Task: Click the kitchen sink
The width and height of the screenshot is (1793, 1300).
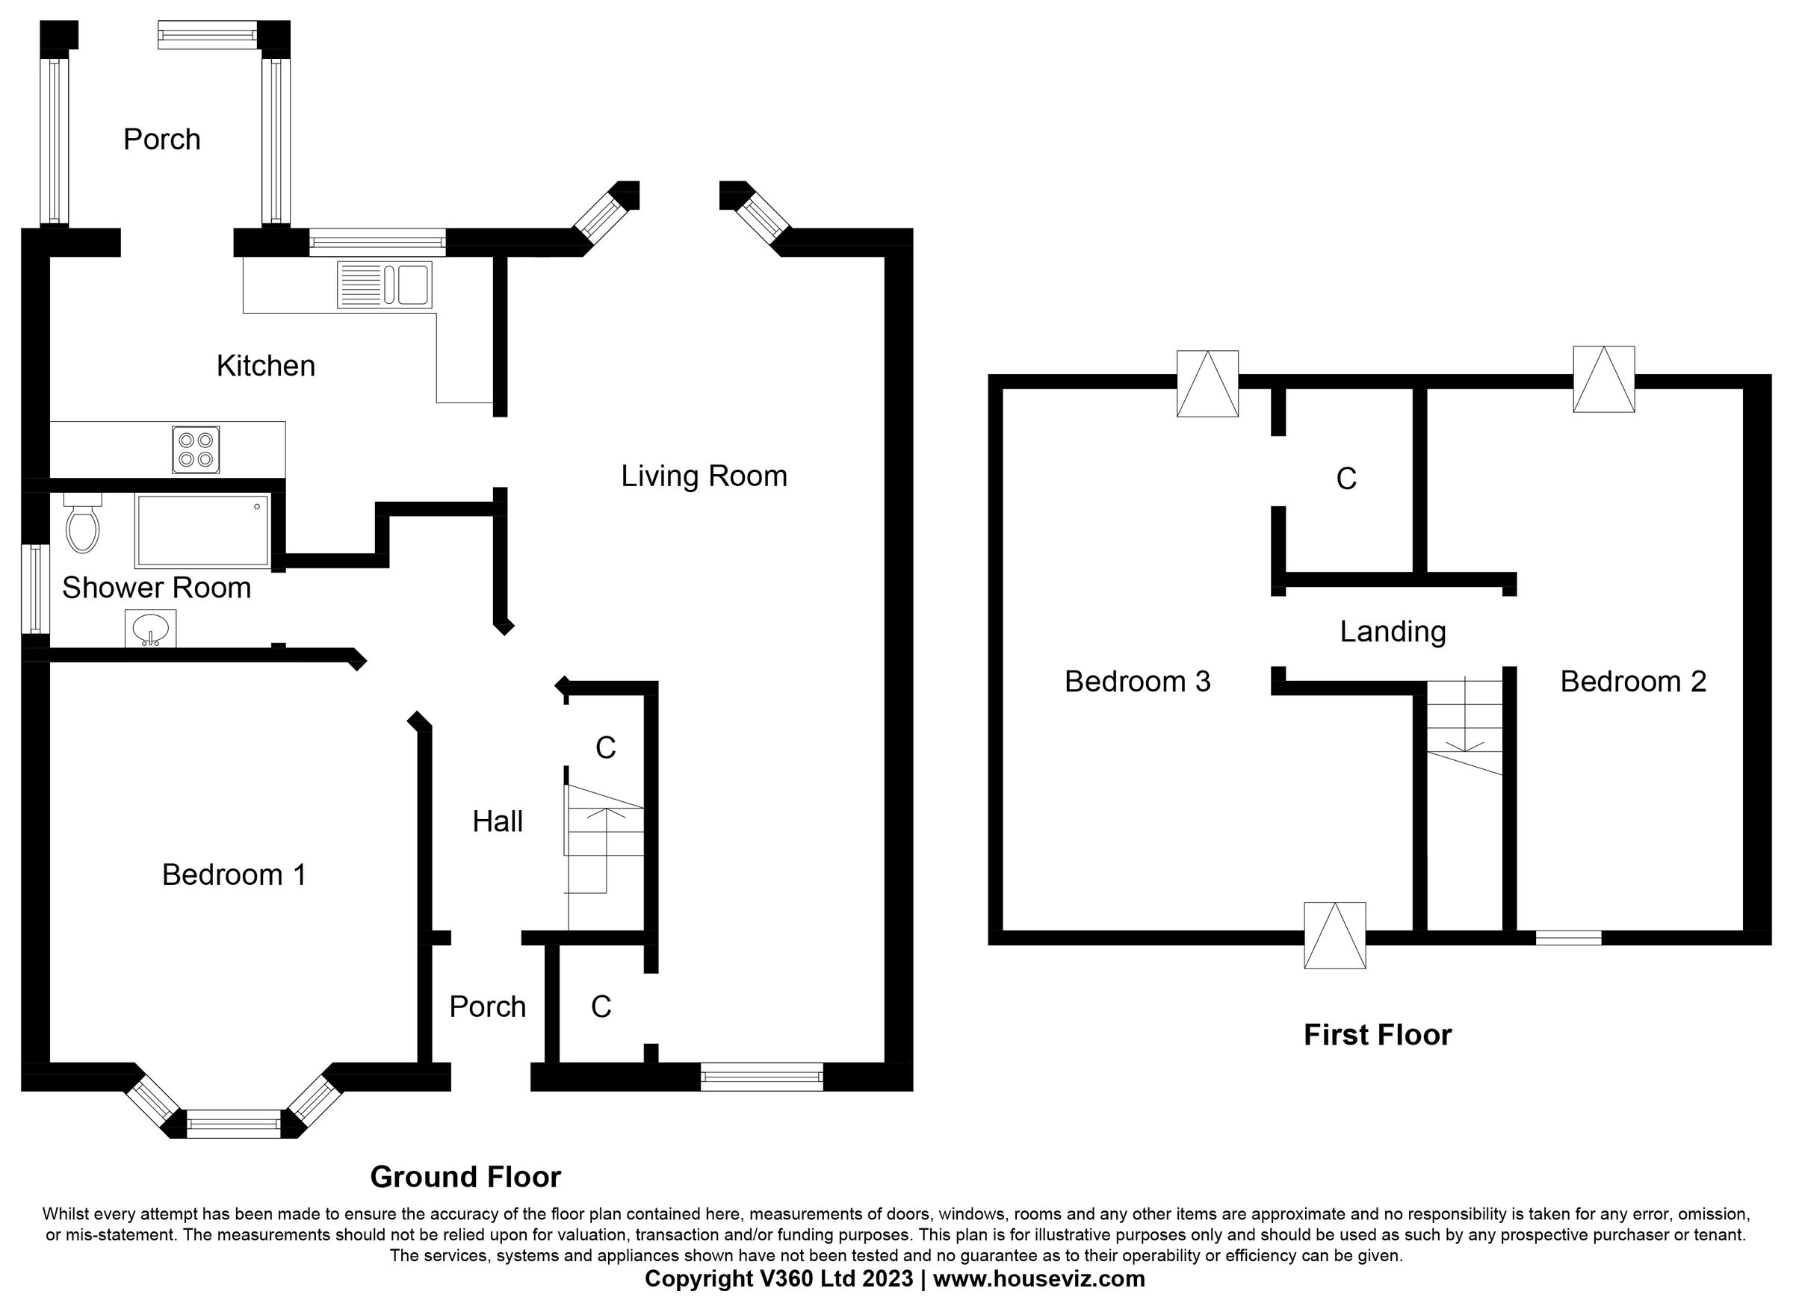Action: click(384, 284)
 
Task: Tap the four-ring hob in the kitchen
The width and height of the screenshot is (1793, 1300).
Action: click(195, 450)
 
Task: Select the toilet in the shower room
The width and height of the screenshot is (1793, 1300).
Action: click(82, 523)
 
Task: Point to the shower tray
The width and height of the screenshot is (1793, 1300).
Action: click(202, 530)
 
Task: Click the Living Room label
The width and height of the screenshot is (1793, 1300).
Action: click(704, 476)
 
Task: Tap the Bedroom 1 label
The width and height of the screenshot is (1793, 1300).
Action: click(234, 875)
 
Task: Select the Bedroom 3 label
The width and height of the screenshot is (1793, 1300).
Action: click(1137, 681)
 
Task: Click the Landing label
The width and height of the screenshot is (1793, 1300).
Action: click(1392, 632)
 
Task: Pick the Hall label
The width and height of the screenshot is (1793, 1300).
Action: click(498, 822)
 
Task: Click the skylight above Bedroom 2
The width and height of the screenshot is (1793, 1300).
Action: click(1603, 379)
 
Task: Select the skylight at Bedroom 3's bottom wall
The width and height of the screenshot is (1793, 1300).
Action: click(1334, 936)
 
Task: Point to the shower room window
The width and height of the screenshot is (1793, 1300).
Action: click(35, 588)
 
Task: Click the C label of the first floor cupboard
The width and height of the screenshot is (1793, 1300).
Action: click(1345, 479)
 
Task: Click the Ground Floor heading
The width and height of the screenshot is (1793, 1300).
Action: click(465, 1177)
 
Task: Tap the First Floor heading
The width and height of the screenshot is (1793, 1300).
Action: click(1376, 1035)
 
